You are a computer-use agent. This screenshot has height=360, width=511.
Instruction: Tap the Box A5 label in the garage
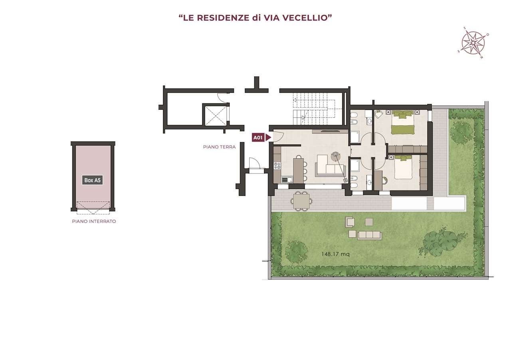click(92, 180)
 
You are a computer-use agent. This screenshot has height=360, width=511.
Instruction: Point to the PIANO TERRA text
click(219, 147)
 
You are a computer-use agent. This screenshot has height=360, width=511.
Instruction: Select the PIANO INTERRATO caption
click(94, 221)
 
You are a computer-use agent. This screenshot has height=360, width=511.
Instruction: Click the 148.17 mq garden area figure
click(335, 254)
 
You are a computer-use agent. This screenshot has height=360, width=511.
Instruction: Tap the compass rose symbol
click(473, 43)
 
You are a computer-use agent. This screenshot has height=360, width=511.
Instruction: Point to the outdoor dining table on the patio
click(301, 201)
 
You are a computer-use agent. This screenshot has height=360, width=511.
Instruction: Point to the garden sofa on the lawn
click(369, 235)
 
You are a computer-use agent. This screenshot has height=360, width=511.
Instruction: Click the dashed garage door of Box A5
click(93, 208)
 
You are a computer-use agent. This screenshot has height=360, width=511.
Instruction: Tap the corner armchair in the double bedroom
click(379, 114)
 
